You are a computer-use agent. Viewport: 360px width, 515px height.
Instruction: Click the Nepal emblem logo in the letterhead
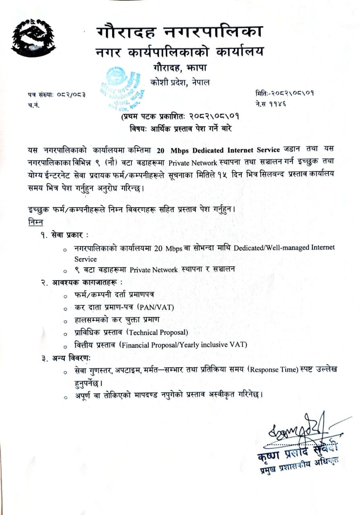pyautogui.click(x=33, y=38)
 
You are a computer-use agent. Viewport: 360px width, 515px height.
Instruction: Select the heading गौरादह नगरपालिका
pyautogui.click(x=180, y=32)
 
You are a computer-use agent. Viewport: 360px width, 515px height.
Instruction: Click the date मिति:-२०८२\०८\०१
pyautogui.click(x=284, y=93)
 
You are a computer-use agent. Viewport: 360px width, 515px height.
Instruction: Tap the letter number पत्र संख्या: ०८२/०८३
pyautogui.click(x=57, y=95)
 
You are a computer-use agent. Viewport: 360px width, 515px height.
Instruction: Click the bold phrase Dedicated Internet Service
pyautogui.click(x=232, y=150)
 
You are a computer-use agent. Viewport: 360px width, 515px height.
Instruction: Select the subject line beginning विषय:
pyautogui.click(x=181, y=129)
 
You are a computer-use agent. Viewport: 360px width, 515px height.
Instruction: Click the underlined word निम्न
pyautogui.click(x=36, y=222)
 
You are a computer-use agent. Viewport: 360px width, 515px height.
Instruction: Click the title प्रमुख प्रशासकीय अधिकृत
pyautogui.click(x=298, y=464)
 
